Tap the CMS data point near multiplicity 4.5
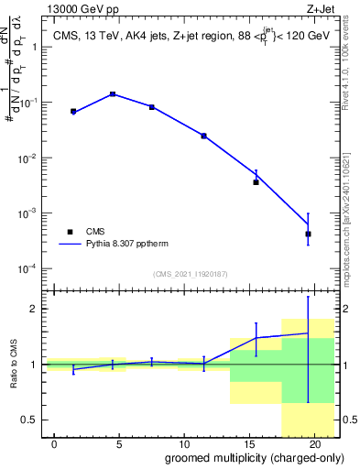[x=113, y=94]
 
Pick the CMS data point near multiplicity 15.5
[x=256, y=181]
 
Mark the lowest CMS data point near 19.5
[x=308, y=234]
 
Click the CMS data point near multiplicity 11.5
[x=203, y=136]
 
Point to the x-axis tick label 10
[x=184, y=442]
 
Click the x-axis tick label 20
[x=314, y=442]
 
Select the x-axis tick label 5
[x=119, y=442]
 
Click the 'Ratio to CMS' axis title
[x=12, y=364]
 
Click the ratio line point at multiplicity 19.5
[x=308, y=333]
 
